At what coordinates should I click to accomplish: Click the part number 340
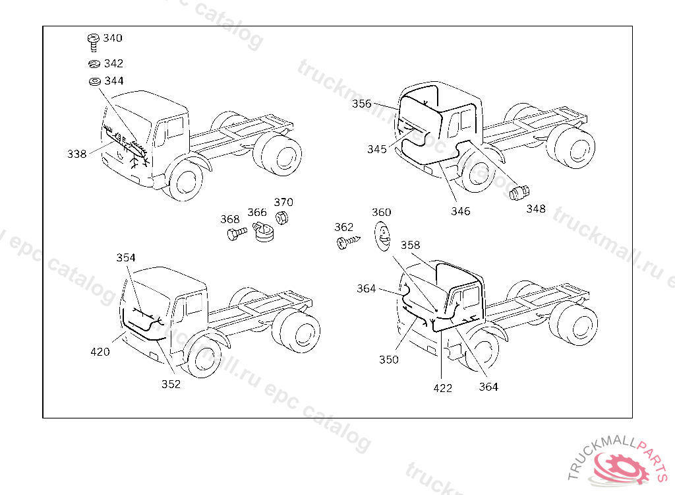(113, 38)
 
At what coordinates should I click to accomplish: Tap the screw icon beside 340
(93, 42)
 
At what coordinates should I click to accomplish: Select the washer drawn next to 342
(93, 64)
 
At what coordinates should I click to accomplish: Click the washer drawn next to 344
(94, 82)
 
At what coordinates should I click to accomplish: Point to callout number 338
(76, 154)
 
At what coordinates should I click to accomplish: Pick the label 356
(361, 104)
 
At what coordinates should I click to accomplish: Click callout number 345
(377, 149)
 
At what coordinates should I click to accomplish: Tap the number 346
(460, 211)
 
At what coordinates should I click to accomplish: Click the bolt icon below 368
(237, 233)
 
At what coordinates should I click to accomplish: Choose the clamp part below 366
(263, 232)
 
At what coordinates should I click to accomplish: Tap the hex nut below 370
(280, 218)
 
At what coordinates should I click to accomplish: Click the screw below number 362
(345, 243)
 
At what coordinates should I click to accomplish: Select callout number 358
(410, 245)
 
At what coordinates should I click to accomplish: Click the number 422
(443, 388)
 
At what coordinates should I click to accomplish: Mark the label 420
(100, 352)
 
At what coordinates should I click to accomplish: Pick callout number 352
(171, 385)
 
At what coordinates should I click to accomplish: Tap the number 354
(126, 257)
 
